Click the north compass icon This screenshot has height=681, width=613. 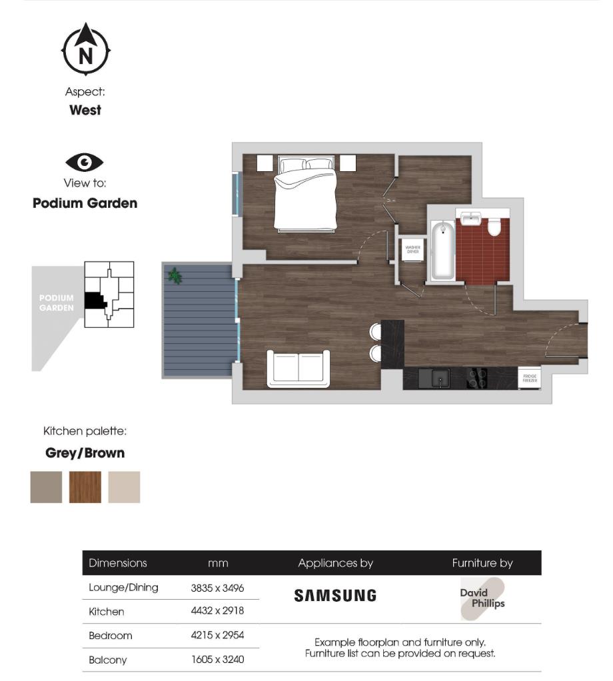click(86, 51)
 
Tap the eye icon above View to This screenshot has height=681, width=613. click(85, 162)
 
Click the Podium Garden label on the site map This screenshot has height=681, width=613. click(57, 303)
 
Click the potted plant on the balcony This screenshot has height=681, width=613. click(175, 275)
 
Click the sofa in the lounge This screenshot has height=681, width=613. click(299, 368)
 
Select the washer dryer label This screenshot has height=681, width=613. click(413, 250)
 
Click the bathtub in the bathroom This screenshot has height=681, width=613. click(442, 251)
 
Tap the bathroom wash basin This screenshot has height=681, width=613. click(471, 218)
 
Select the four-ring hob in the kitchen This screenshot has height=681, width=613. click(477, 378)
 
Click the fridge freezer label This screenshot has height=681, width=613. click(530, 378)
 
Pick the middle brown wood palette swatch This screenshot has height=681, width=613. click(85, 487)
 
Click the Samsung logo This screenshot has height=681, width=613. click(335, 596)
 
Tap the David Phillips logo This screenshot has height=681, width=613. click(482, 598)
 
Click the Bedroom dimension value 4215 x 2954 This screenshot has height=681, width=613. click(217, 636)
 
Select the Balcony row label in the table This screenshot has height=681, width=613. click(107, 660)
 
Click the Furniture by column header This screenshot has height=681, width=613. click(482, 563)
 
